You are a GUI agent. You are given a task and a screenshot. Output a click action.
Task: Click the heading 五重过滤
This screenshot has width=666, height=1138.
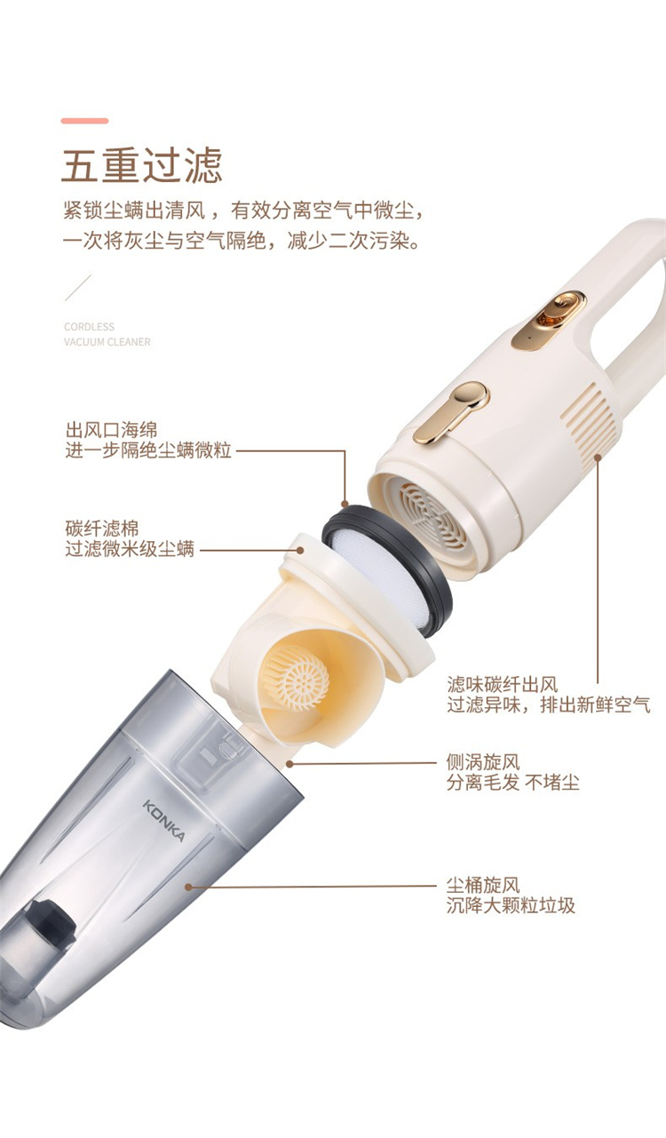click(x=142, y=165)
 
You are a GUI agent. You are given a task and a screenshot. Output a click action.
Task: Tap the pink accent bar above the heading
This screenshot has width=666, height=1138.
click(x=85, y=121)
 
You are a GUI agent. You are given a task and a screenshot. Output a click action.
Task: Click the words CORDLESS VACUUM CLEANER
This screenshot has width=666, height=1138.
click(x=107, y=334)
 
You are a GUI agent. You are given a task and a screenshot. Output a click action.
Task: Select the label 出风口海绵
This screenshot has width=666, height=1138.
click(x=112, y=430)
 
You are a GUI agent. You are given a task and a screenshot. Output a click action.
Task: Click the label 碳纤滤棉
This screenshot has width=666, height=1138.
click(x=102, y=529)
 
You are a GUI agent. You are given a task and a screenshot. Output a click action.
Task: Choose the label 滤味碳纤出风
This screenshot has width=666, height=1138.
click(x=503, y=684)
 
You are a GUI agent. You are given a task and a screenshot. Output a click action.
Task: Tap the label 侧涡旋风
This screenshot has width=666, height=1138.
click(x=483, y=762)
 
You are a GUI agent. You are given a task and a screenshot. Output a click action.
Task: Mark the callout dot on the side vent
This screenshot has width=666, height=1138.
click(x=598, y=458)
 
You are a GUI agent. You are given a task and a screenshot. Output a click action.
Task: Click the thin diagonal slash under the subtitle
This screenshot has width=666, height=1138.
click(x=78, y=288)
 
